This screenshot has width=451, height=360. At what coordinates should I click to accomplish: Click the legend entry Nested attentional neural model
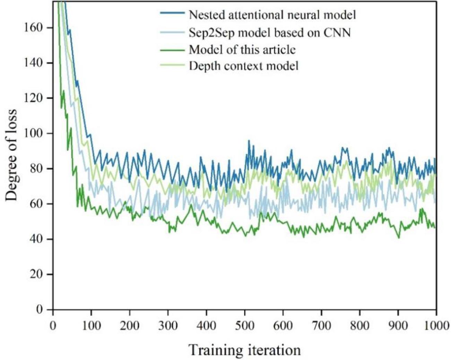pyautogui.click(x=272, y=15)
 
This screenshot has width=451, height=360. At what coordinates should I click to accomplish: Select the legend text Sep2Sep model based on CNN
pyautogui.click(x=269, y=33)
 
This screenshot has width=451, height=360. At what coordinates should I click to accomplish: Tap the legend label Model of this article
pyautogui.click(x=242, y=50)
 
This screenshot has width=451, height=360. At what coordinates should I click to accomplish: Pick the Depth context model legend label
pyautogui.click(x=243, y=66)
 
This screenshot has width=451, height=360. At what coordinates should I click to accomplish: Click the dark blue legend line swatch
pyautogui.click(x=172, y=13)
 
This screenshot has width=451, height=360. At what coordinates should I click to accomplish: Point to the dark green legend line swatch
pyautogui.click(x=172, y=50)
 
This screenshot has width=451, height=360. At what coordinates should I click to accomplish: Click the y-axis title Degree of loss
pyautogui.click(x=11, y=155)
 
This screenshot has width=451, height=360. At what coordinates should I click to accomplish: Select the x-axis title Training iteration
pyautogui.click(x=244, y=350)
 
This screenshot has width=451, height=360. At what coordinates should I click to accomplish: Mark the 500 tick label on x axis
pyautogui.click(x=244, y=326)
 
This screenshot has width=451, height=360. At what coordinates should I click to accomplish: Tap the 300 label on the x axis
pyautogui.click(x=168, y=326)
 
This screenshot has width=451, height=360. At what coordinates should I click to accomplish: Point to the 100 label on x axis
pyautogui.click(x=92, y=326)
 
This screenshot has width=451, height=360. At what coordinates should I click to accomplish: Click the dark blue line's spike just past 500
pyautogui.click(x=249, y=141)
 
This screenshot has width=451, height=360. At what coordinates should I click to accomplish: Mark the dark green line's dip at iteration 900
pyautogui.click(x=399, y=238)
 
